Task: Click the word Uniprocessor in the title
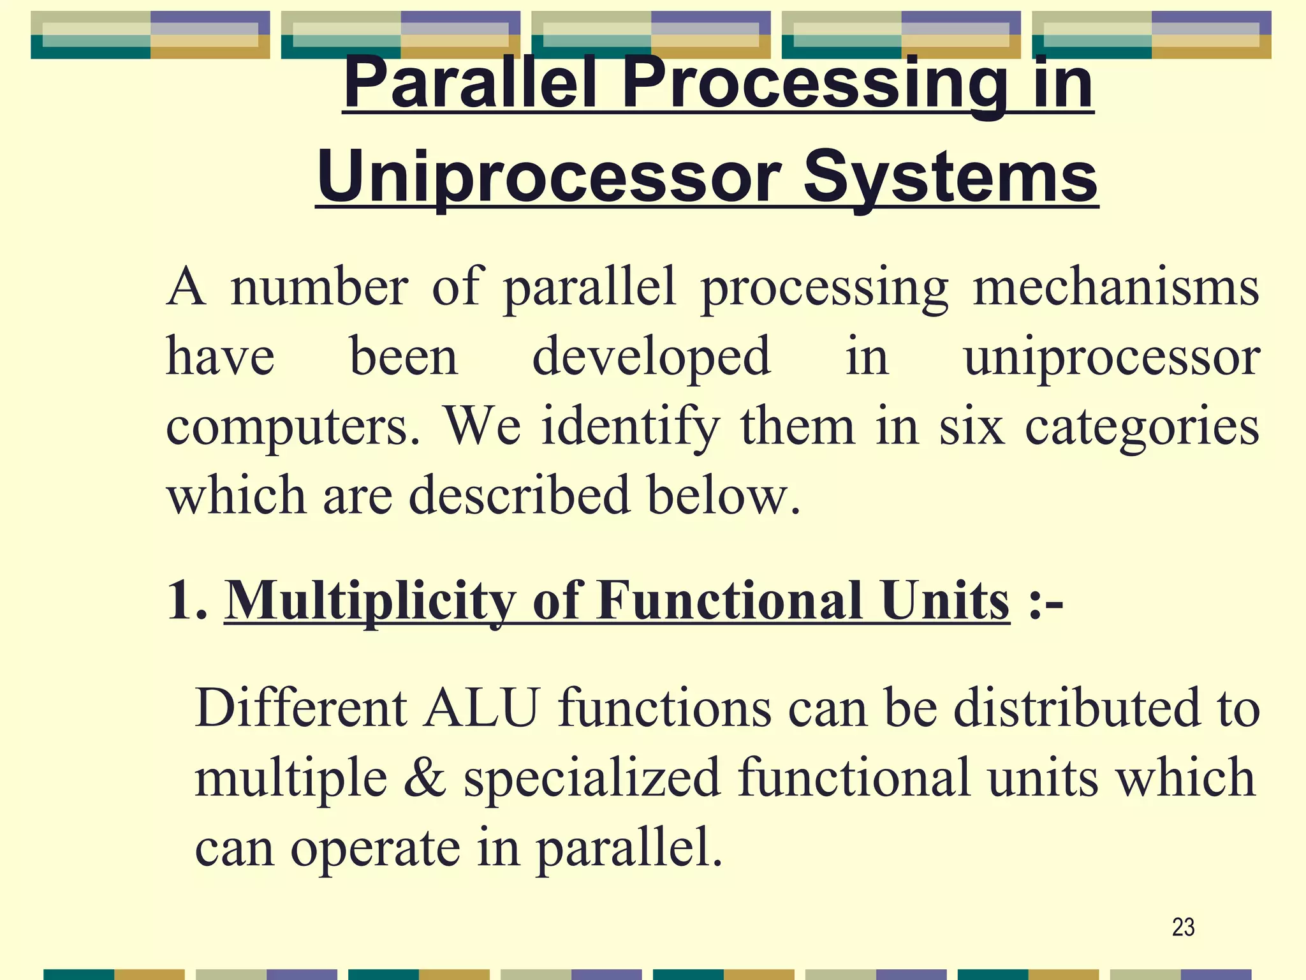549,177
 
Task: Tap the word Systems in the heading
950,177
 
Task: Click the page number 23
1183,927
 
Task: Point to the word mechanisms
1115,287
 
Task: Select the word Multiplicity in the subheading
370,601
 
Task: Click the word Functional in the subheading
730,600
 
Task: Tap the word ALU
482,708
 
